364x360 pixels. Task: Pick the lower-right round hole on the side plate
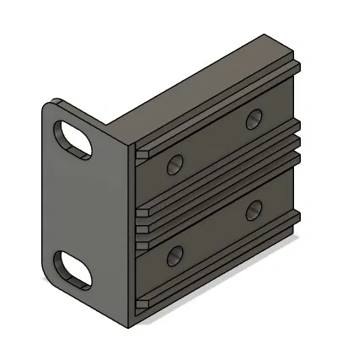coord(252,209)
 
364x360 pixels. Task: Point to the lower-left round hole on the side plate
coord(175,254)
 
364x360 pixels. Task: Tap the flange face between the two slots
coord(80,202)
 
